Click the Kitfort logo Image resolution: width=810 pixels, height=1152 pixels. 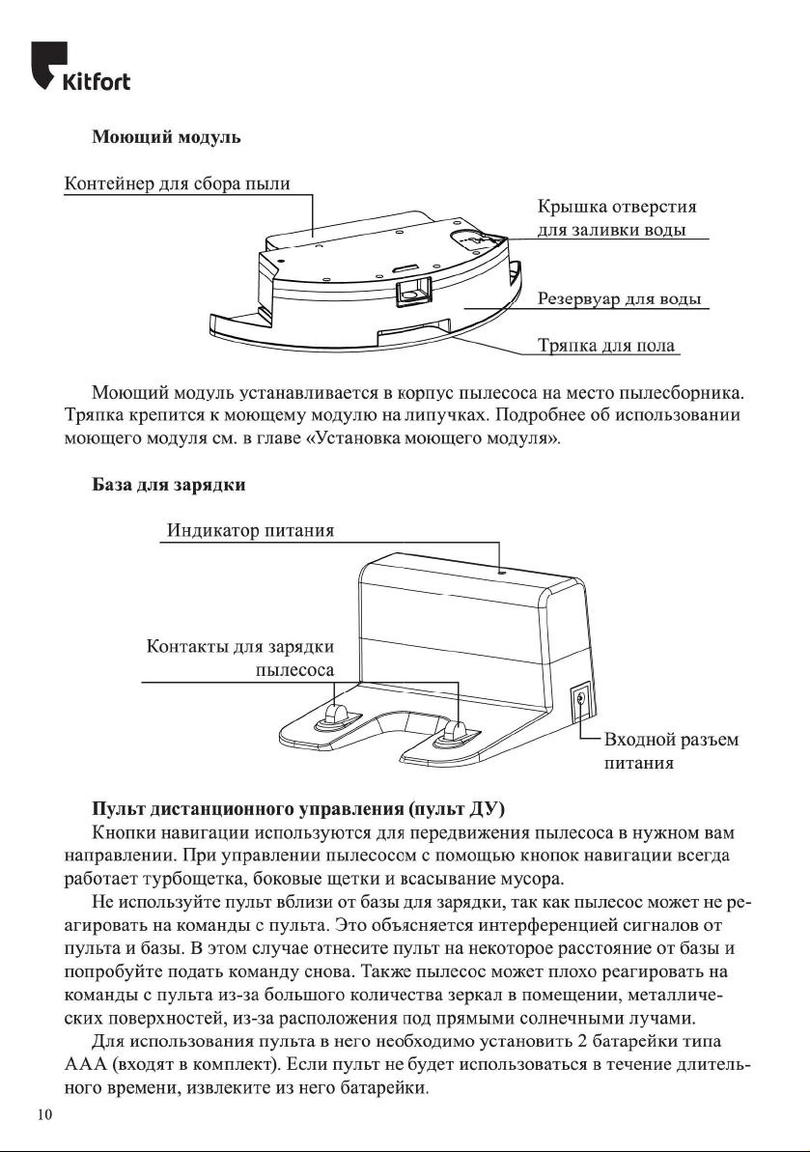pyautogui.click(x=81, y=67)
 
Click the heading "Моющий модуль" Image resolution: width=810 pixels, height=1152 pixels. pyautogui.click(x=165, y=137)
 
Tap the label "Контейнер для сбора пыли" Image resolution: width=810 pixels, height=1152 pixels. pyautogui.click(x=177, y=184)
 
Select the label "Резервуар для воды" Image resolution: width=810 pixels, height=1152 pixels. pyautogui.click(x=618, y=298)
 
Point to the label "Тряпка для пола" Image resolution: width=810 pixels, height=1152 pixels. pyautogui.click(x=604, y=345)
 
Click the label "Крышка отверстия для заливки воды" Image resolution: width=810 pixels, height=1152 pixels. pyautogui.click(x=617, y=218)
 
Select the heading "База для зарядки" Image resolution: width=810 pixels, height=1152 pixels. pyautogui.click(x=168, y=485)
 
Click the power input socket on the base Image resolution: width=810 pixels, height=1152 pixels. pyautogui.click(x=579, y=703)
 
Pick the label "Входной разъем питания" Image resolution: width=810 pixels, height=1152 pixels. pyautogui.click(x=670, y=751)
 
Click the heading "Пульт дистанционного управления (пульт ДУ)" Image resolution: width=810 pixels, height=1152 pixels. pyautogui.click(x=297, y=808)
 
